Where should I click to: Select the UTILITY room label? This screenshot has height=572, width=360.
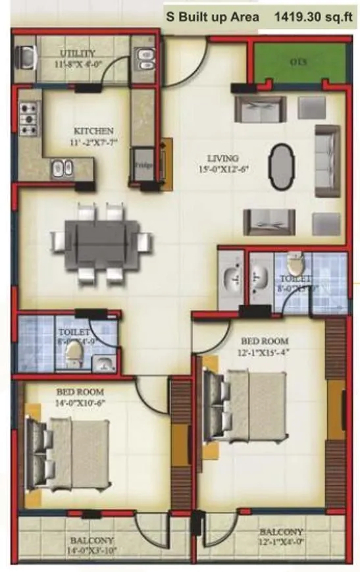click(x=78, y=53)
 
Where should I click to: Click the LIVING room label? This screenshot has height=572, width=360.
click(x=222, y=158)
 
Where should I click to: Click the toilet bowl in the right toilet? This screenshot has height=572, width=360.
click(x=297, y=265)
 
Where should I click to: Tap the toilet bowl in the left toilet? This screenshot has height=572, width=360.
click(x=74, y=355)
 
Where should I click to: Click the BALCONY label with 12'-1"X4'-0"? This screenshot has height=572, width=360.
click(x=281, y=531)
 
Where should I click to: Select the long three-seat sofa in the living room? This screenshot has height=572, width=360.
click(x=326, y=161)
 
